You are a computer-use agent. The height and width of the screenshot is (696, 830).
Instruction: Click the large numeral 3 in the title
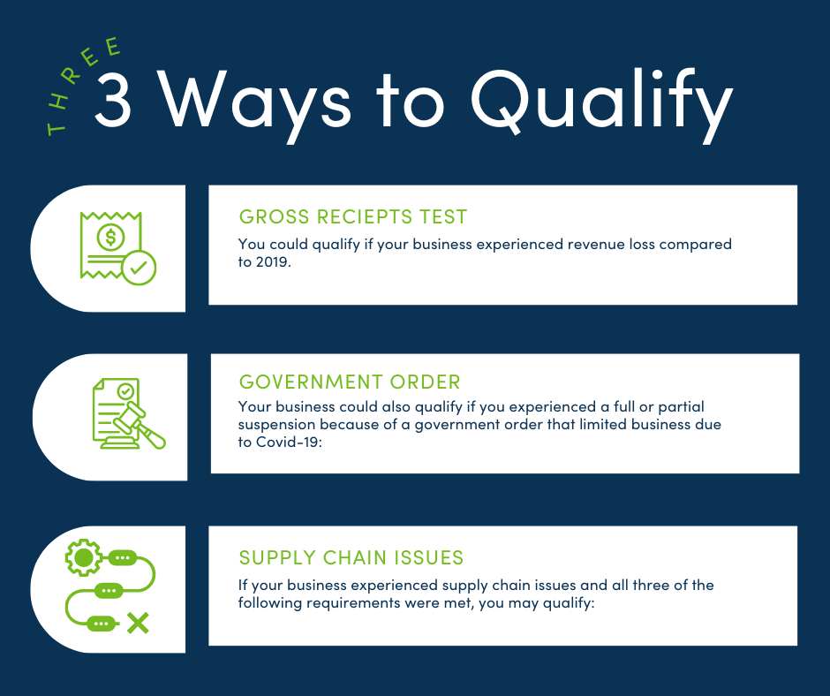(112, 100)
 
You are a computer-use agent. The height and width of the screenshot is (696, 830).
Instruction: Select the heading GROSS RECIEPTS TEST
(353, 216)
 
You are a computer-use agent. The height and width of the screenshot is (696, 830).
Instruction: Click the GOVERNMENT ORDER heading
(350, 382)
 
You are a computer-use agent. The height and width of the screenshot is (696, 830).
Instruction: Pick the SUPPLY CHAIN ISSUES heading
(351, 557)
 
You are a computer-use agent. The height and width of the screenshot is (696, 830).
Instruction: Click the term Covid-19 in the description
(289, 442)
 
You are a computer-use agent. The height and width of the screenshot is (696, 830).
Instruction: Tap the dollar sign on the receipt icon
(110, 237)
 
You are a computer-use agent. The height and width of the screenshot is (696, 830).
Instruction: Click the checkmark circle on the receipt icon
(139, 268)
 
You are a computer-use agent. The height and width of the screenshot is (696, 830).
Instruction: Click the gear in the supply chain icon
(84, 557)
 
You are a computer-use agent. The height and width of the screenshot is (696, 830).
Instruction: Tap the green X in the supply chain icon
(138, 624)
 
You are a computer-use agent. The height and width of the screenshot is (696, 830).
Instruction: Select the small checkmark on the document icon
(125, 391)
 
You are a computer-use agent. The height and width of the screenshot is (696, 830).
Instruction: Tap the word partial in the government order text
(682, 407)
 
